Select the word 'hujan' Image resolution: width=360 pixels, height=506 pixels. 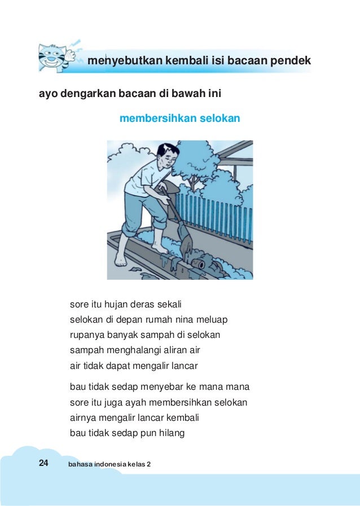pyautogui.click(x=115, y=305)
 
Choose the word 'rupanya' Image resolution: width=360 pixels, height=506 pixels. pyautogui.click(x=85, y=335)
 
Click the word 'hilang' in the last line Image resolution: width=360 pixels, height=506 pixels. pyautogui.click(x=172, y=434)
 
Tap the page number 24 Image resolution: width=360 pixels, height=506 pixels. pyautogui.click(x=43, y=463)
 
